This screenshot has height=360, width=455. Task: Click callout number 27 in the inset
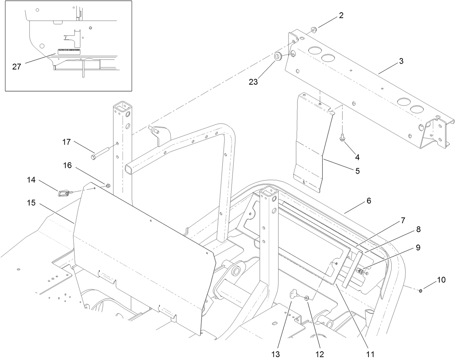[17, 67]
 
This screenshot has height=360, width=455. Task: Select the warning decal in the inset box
[69, 51]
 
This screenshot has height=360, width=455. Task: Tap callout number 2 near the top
[341, 16]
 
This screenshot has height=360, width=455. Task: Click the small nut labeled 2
[314, 28]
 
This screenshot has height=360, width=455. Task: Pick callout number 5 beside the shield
[357, 171]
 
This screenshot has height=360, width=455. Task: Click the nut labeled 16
[108, 186]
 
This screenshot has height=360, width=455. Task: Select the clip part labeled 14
[63, 193]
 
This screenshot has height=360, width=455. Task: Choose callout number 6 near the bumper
[369, 200]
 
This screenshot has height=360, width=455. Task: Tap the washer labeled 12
[307, 298]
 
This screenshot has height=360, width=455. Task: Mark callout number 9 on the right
[418, 247]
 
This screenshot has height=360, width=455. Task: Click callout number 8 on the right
[418, 229]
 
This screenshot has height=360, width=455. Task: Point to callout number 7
[403, 220]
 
